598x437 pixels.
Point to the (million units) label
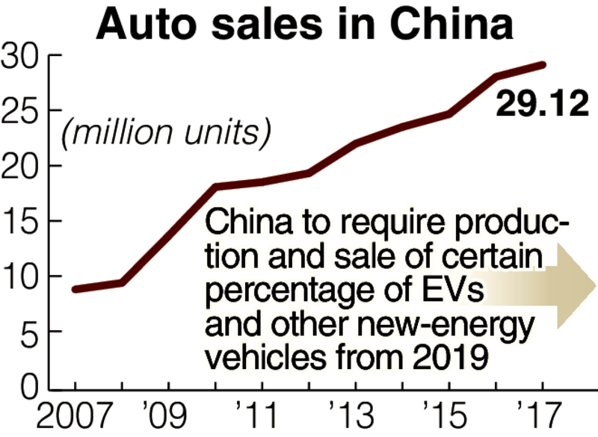pos(166,133)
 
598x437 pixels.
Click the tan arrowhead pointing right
pos(576,286)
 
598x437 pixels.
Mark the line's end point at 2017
pos(543,65)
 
